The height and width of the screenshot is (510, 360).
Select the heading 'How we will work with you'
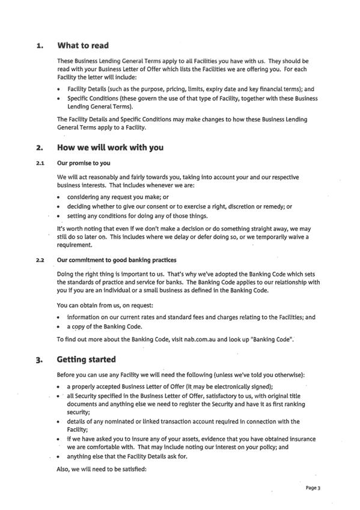(x=110, y=147)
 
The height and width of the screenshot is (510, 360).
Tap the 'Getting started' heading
(x=86, y=360)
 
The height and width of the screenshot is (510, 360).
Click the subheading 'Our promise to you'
(x=84, y=163)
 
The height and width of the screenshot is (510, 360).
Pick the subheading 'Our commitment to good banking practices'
(x=117, y=260)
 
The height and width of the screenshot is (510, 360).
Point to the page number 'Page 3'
(x=313, y=488)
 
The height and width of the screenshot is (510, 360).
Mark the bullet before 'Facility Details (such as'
(x=58, y=89)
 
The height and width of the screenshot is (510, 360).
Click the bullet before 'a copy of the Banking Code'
(x=58, y=327)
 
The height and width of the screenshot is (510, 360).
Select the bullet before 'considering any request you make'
(x=58, y=197)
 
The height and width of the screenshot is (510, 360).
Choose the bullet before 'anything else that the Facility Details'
(x=58, y=456)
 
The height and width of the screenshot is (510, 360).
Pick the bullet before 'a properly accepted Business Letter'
(x=58, y=386)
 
